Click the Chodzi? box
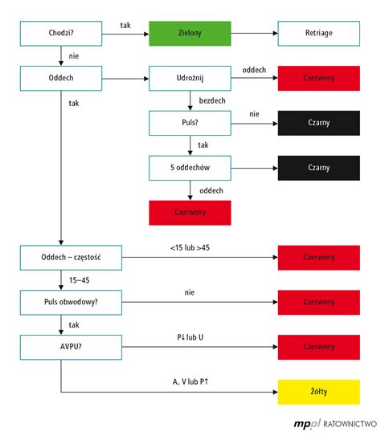61,34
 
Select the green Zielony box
190,34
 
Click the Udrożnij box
190,79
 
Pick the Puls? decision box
190,123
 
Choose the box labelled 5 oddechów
190,167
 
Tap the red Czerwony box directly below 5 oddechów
190,212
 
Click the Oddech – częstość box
61,258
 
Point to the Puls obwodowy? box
61,302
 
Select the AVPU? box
61,347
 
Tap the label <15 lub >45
190,248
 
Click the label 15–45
78,280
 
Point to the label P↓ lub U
190,338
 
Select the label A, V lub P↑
190,382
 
